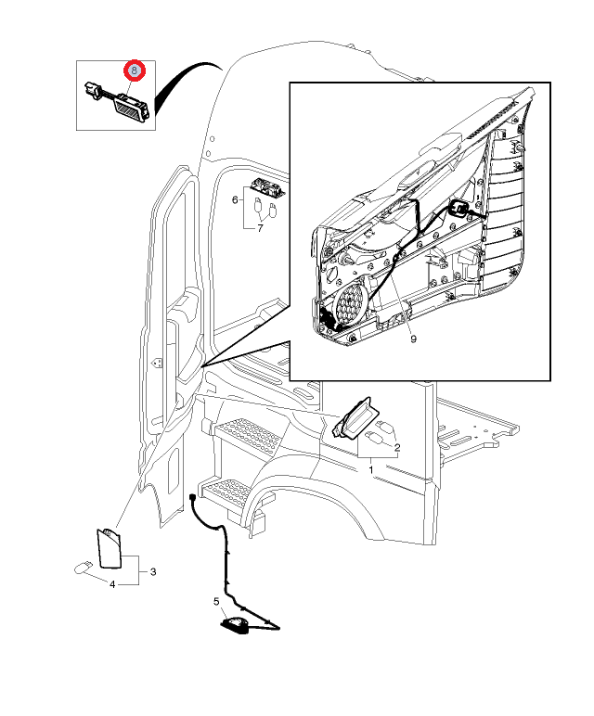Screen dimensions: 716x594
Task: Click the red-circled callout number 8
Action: pyautogui.click(x=136, y=70)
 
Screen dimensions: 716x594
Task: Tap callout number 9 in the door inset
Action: pyautogui.click(x=413, y=339)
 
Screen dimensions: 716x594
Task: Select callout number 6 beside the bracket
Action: pyautogui.click(x=235, y=199)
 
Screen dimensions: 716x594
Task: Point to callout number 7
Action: pyautogui.click(x=260, y=227)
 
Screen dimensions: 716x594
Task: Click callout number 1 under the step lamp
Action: pyautogui.click(x=371, y=471)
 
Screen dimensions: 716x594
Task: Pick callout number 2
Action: pyautogui.click(x=396, y=449)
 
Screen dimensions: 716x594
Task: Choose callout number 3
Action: pyautogui.click(x=153, y=571)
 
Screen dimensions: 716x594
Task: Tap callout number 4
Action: pyautogui.click(x=112, y=584)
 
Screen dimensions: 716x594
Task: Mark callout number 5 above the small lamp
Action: pyautogui.click(x=216, y=602)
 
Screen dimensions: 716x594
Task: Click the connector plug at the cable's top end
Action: pyautogui.click(x=192, y=499)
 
